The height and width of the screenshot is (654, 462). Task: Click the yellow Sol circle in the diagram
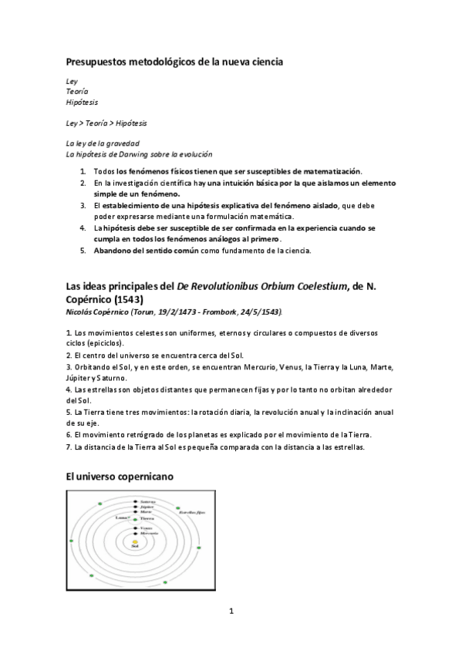point(134,542)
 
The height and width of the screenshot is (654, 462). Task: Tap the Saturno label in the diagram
point(148,501)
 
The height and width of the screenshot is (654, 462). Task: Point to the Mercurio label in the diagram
point(149,533)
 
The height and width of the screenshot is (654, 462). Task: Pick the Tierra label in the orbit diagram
point(147,519)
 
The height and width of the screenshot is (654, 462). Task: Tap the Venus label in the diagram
point(146,528)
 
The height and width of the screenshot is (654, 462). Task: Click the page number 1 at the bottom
point(231,612)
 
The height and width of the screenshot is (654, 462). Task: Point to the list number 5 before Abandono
point(83,251)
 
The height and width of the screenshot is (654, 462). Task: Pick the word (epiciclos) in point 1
point(106,342)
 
